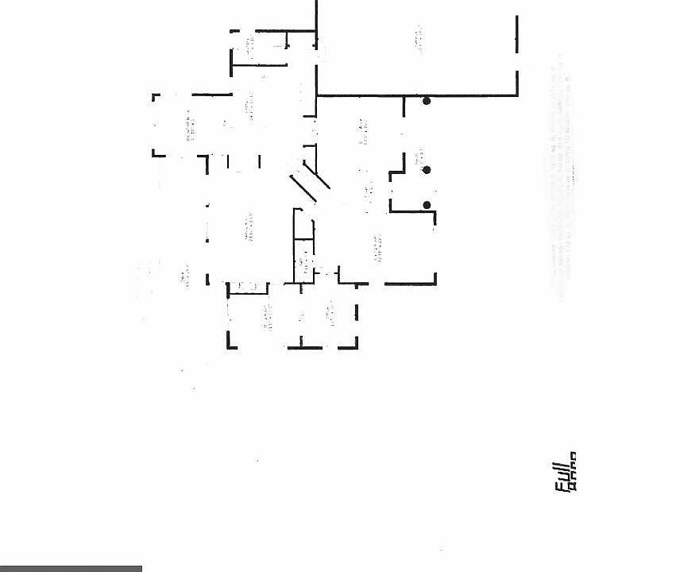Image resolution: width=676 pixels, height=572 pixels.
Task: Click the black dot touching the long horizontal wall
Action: [427, 101]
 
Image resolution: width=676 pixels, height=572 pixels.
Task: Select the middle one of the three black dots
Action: [427, 170]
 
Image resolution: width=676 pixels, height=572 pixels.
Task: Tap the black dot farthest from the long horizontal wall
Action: [427, 206]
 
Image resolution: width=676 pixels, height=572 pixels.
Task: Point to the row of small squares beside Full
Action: [573, 470]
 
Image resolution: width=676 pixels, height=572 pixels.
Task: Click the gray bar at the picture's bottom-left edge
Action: [71, 568]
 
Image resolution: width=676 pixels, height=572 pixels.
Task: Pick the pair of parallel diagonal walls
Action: [310, 184]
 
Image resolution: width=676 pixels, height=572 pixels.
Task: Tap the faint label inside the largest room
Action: [418, 40]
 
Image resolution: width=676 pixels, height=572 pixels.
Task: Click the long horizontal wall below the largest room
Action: [417, 95]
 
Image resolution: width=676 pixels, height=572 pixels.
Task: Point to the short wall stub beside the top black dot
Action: [404, 106]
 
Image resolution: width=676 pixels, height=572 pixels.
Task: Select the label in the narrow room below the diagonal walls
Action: [303, 258]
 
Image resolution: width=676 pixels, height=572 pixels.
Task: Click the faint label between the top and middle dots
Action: [418, 157]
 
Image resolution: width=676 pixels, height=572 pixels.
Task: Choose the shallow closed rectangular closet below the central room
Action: [248, 288]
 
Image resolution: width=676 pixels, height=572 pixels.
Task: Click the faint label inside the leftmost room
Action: [189, 127]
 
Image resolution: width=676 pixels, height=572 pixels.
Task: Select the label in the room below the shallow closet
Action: [268, 318]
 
